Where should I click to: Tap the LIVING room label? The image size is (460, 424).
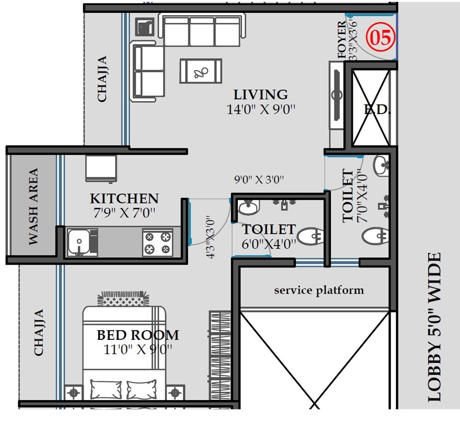[x=261, y=95]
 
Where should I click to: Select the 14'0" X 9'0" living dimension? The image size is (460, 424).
[x=261, y=109]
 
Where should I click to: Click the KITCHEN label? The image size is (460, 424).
[x=124, y=198]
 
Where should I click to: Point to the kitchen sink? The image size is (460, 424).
[x=80, y=242]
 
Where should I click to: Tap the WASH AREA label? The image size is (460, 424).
[x=34, y=207]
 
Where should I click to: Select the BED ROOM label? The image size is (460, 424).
[x=138, y=334]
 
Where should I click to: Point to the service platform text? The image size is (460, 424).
[x=319, y=290]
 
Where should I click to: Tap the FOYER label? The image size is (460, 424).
[x=342, y=40]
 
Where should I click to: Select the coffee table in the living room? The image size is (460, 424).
[x=201, y=71]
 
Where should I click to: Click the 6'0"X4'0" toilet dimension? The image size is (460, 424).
[x=269, y=244]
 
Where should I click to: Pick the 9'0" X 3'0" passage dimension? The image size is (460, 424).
[x=259, y=180]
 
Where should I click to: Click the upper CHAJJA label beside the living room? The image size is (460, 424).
[x=102, y=79]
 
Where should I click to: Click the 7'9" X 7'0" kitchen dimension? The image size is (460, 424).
[x=124, y=213]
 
